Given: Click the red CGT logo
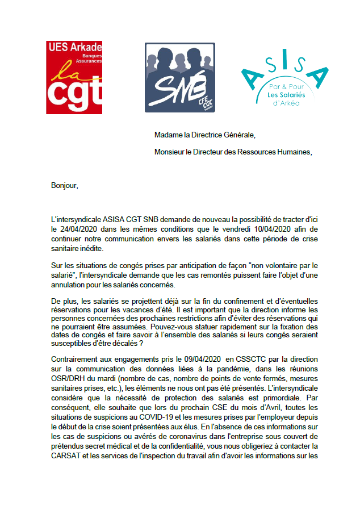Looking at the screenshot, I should pos(74,77).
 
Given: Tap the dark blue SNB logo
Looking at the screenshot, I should pos(179,77).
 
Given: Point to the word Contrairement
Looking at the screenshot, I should pos(78,360).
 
